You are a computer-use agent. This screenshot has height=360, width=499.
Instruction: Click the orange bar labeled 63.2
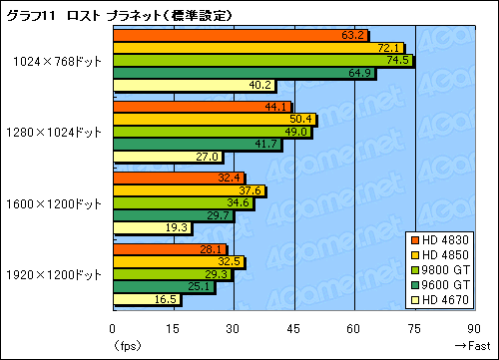(240, 36)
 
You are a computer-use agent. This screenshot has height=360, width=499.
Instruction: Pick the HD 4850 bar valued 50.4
(214, 120)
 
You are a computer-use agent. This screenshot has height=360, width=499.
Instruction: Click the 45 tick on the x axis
(293, 328)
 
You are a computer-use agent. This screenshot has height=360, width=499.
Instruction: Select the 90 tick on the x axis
(472, 328)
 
